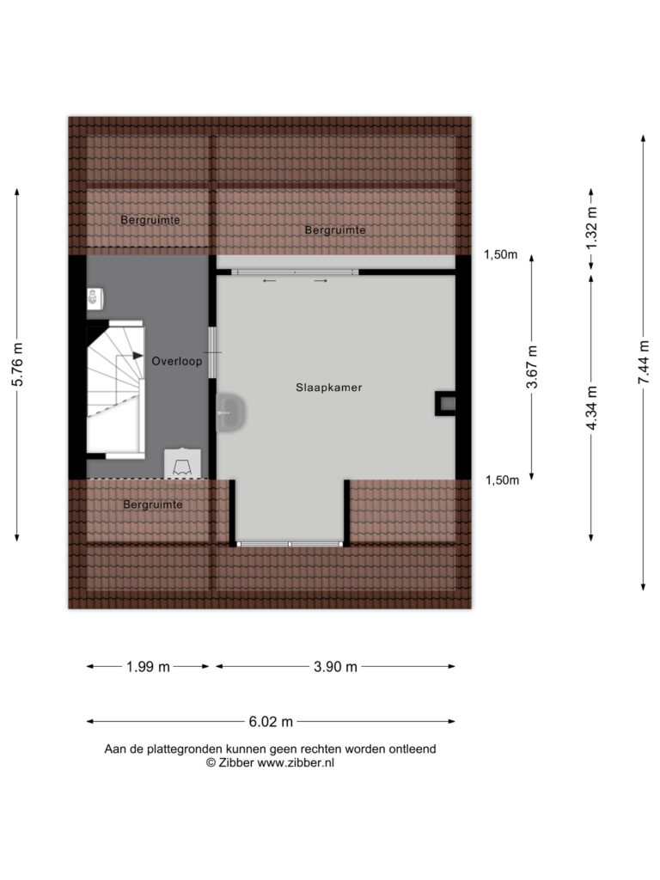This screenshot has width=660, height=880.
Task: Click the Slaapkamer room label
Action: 329,388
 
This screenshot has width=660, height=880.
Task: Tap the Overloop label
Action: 177,361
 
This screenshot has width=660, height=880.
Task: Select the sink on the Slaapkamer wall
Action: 230,412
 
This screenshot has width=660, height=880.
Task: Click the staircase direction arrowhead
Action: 137,355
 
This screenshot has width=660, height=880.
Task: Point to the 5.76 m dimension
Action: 17,364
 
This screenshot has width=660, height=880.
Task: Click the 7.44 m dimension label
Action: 643,363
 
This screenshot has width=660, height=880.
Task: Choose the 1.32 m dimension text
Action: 591,229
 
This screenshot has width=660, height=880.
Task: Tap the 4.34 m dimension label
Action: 591,408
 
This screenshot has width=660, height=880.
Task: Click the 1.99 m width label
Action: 148,667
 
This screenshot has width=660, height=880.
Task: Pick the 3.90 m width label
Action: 336,667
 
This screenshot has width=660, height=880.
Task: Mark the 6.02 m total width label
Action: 271,722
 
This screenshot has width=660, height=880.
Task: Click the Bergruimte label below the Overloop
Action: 153,504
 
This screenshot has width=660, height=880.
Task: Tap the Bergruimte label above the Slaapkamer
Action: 335,229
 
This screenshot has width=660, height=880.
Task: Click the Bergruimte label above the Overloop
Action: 150,219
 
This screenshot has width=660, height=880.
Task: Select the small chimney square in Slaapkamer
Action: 446,403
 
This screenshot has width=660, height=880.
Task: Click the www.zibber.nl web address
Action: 296,763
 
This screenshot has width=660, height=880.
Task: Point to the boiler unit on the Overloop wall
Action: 95,298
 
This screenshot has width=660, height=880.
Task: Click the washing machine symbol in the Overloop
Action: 182,463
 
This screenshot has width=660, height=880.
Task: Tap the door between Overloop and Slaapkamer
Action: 212,352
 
